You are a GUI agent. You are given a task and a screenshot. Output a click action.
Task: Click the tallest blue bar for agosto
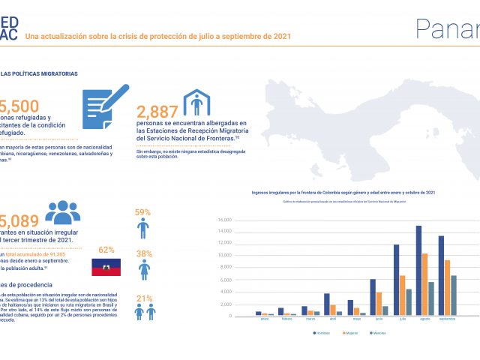(418, 270)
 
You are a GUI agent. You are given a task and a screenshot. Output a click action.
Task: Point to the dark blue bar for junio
(373, 297)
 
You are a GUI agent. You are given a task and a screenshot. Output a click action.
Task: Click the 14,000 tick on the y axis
(225, 232)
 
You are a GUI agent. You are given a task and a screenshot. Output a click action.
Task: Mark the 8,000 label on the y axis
(226, 267)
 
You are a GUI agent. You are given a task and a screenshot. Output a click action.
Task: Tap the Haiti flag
(106, 267)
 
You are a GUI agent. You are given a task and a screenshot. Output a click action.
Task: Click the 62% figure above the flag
(106, 249)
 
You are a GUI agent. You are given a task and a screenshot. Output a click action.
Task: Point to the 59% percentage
(143, 212)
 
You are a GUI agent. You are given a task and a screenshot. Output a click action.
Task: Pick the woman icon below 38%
(144, 270)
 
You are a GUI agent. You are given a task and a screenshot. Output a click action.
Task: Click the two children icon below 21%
(144, 312)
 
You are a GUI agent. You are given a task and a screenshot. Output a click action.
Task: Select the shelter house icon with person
(196, 102)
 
